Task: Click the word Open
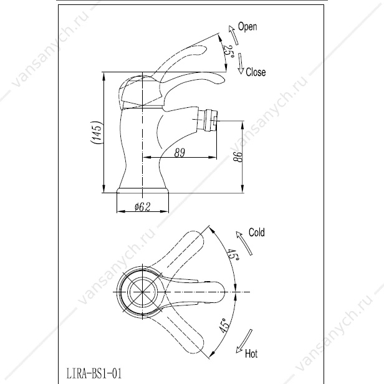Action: (247, 26)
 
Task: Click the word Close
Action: (256, 72)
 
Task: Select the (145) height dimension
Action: (96, 133)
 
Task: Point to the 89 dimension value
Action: (180, 153)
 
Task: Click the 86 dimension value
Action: (238, 156)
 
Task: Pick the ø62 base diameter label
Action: (143, 207)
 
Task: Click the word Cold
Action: (257, 232)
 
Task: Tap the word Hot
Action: (251, 353)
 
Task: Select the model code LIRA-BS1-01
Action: (94, 374)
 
